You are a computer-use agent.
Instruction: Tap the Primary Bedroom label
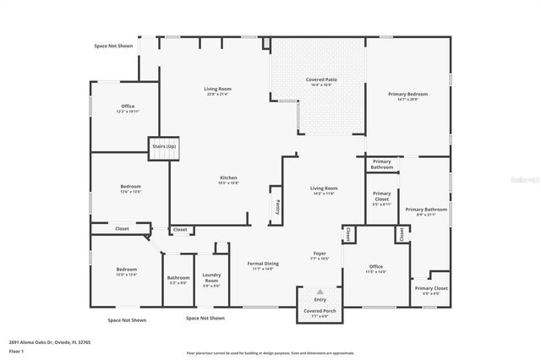(x=407, y=94)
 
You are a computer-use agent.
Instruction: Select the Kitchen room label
(x=229, y=177)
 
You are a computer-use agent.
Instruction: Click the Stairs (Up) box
(x=164, y=147)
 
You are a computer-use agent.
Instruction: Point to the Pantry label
(x=276, y=206)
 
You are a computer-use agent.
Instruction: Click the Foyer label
(x=320, y=252)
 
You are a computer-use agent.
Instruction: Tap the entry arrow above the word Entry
(x=320, y=291)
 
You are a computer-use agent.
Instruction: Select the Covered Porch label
(x=320, y=311)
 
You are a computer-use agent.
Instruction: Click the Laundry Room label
(x=211, y=278)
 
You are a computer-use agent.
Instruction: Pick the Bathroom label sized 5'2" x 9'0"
(x=178, y=277)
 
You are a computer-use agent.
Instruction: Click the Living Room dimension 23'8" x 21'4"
(x=217, y=94)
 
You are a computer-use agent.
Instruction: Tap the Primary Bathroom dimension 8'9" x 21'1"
(x=425, y=215)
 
